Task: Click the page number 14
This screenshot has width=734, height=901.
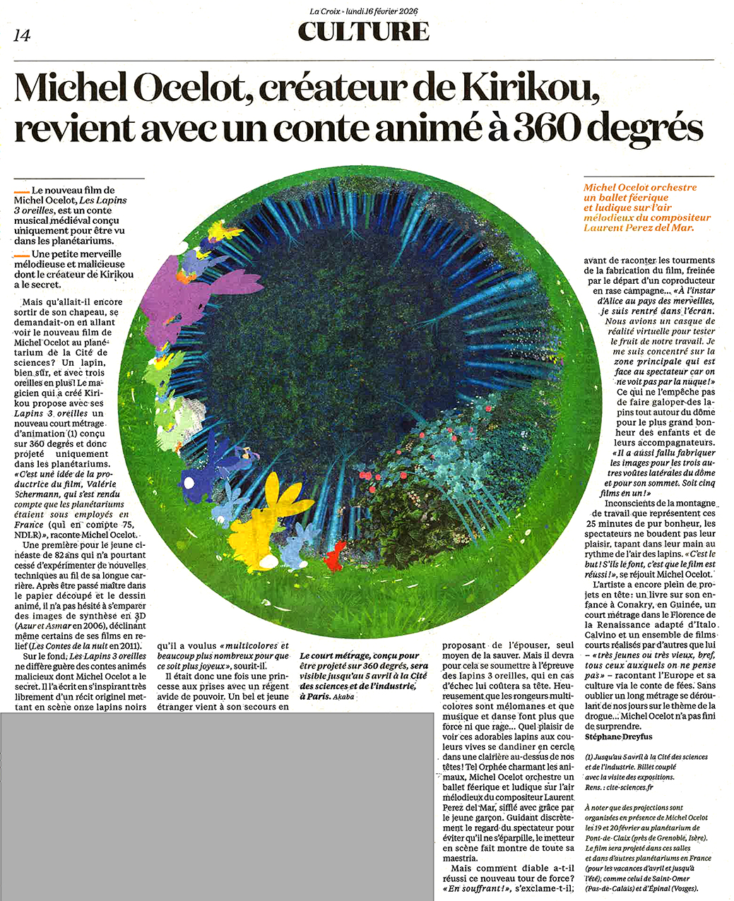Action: (x=22, y=35)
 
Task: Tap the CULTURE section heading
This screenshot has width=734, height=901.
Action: (x=363, y=31)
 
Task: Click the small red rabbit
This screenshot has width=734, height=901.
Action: (x=334, y=556)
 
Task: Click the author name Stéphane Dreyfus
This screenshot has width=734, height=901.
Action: (x=617, y=736)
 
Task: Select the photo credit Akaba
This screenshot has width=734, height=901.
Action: (x=343, y=696)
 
